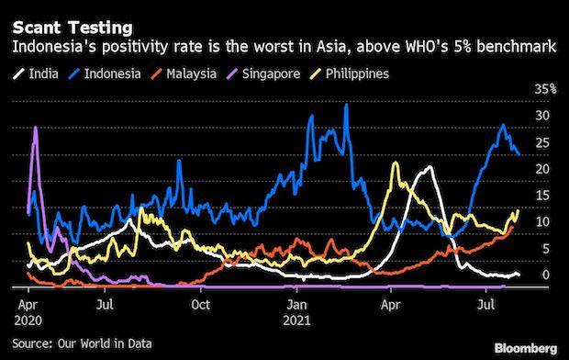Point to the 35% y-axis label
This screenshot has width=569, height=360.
546,89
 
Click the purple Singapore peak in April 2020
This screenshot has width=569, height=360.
35,128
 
